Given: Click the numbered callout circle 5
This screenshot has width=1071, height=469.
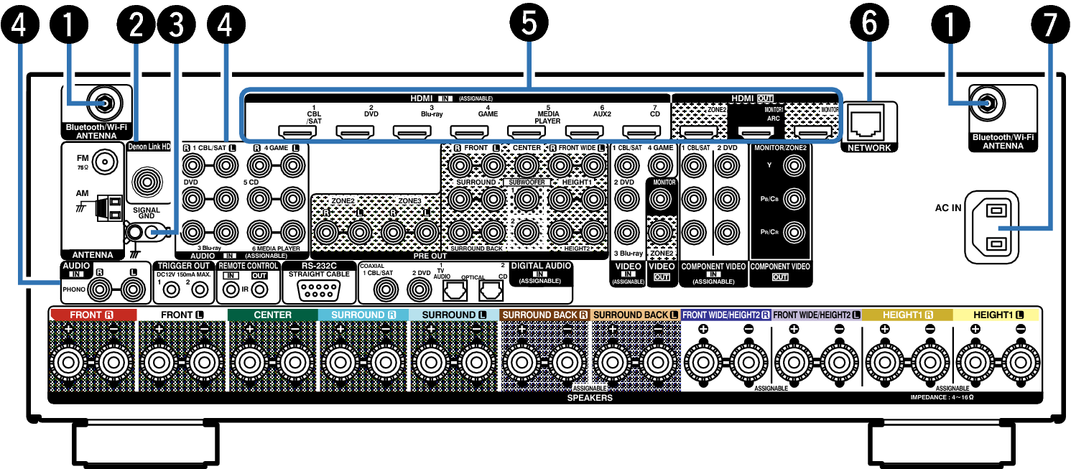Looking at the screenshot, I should pyautogui.click(x=528, y=24).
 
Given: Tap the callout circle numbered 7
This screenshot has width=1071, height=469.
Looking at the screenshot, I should pyautogui.click(x=1051, y=24).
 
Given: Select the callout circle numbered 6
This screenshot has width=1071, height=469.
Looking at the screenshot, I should pyautogui.click(x=869, y=24).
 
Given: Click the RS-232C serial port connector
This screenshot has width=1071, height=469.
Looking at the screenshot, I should pyautogui.click(x=317, y=290).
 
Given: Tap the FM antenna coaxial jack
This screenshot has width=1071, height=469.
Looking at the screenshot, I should pyautogui.click(x=104, y=162).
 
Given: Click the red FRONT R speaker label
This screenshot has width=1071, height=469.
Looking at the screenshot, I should pyautogui.click(x=92, y=315).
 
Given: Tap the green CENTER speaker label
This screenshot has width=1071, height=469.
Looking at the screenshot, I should pyautogui.click(x=273, y=315).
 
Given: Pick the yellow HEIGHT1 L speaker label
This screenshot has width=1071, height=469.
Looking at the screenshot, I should pyautogui.click(x=997, y=315).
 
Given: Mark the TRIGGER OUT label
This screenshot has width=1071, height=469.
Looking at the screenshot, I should pyautogui.click(x=183, y=266).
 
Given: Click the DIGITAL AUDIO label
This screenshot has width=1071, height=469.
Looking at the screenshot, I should pyautogui.click(x=540, y=266).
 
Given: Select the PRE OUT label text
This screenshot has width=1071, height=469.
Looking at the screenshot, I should pyautogui.click(x=430, y=255).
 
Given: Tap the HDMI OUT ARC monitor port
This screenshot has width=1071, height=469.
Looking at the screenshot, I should pyautogui.click(x=757, y=132).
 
